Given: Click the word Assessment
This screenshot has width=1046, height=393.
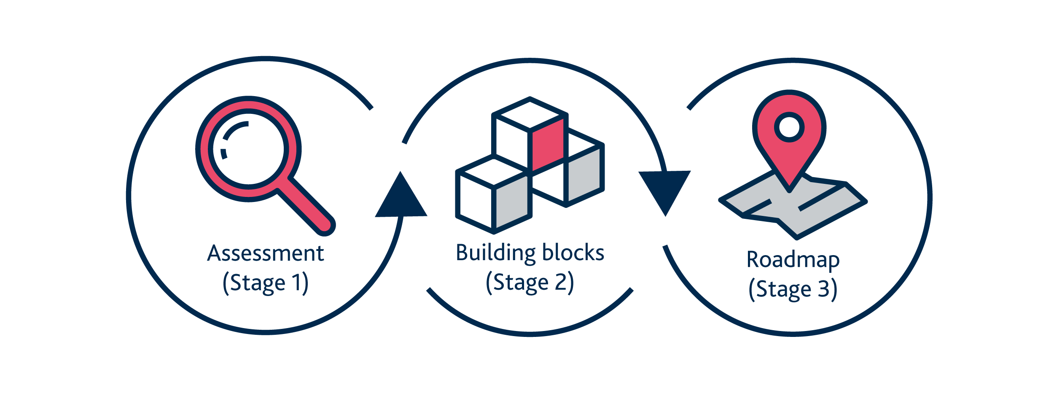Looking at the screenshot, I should pos(265,254).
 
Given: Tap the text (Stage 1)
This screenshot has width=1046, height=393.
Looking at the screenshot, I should pos(265,283).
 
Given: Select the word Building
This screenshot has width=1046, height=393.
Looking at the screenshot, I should pos(495,253).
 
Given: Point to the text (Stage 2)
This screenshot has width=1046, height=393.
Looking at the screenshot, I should pos(530,283).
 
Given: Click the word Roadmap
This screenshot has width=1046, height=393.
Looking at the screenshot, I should pos(793,260).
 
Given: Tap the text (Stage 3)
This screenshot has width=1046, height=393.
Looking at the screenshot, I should pos(793,290).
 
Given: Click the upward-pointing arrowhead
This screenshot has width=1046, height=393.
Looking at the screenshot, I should pos(401,196).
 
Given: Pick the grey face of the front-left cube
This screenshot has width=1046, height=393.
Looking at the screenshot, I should pos(512,202).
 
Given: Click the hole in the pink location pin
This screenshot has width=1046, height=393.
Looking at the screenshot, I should pos(789,127).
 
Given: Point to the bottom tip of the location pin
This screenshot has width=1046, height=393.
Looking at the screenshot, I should pos(789,190).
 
